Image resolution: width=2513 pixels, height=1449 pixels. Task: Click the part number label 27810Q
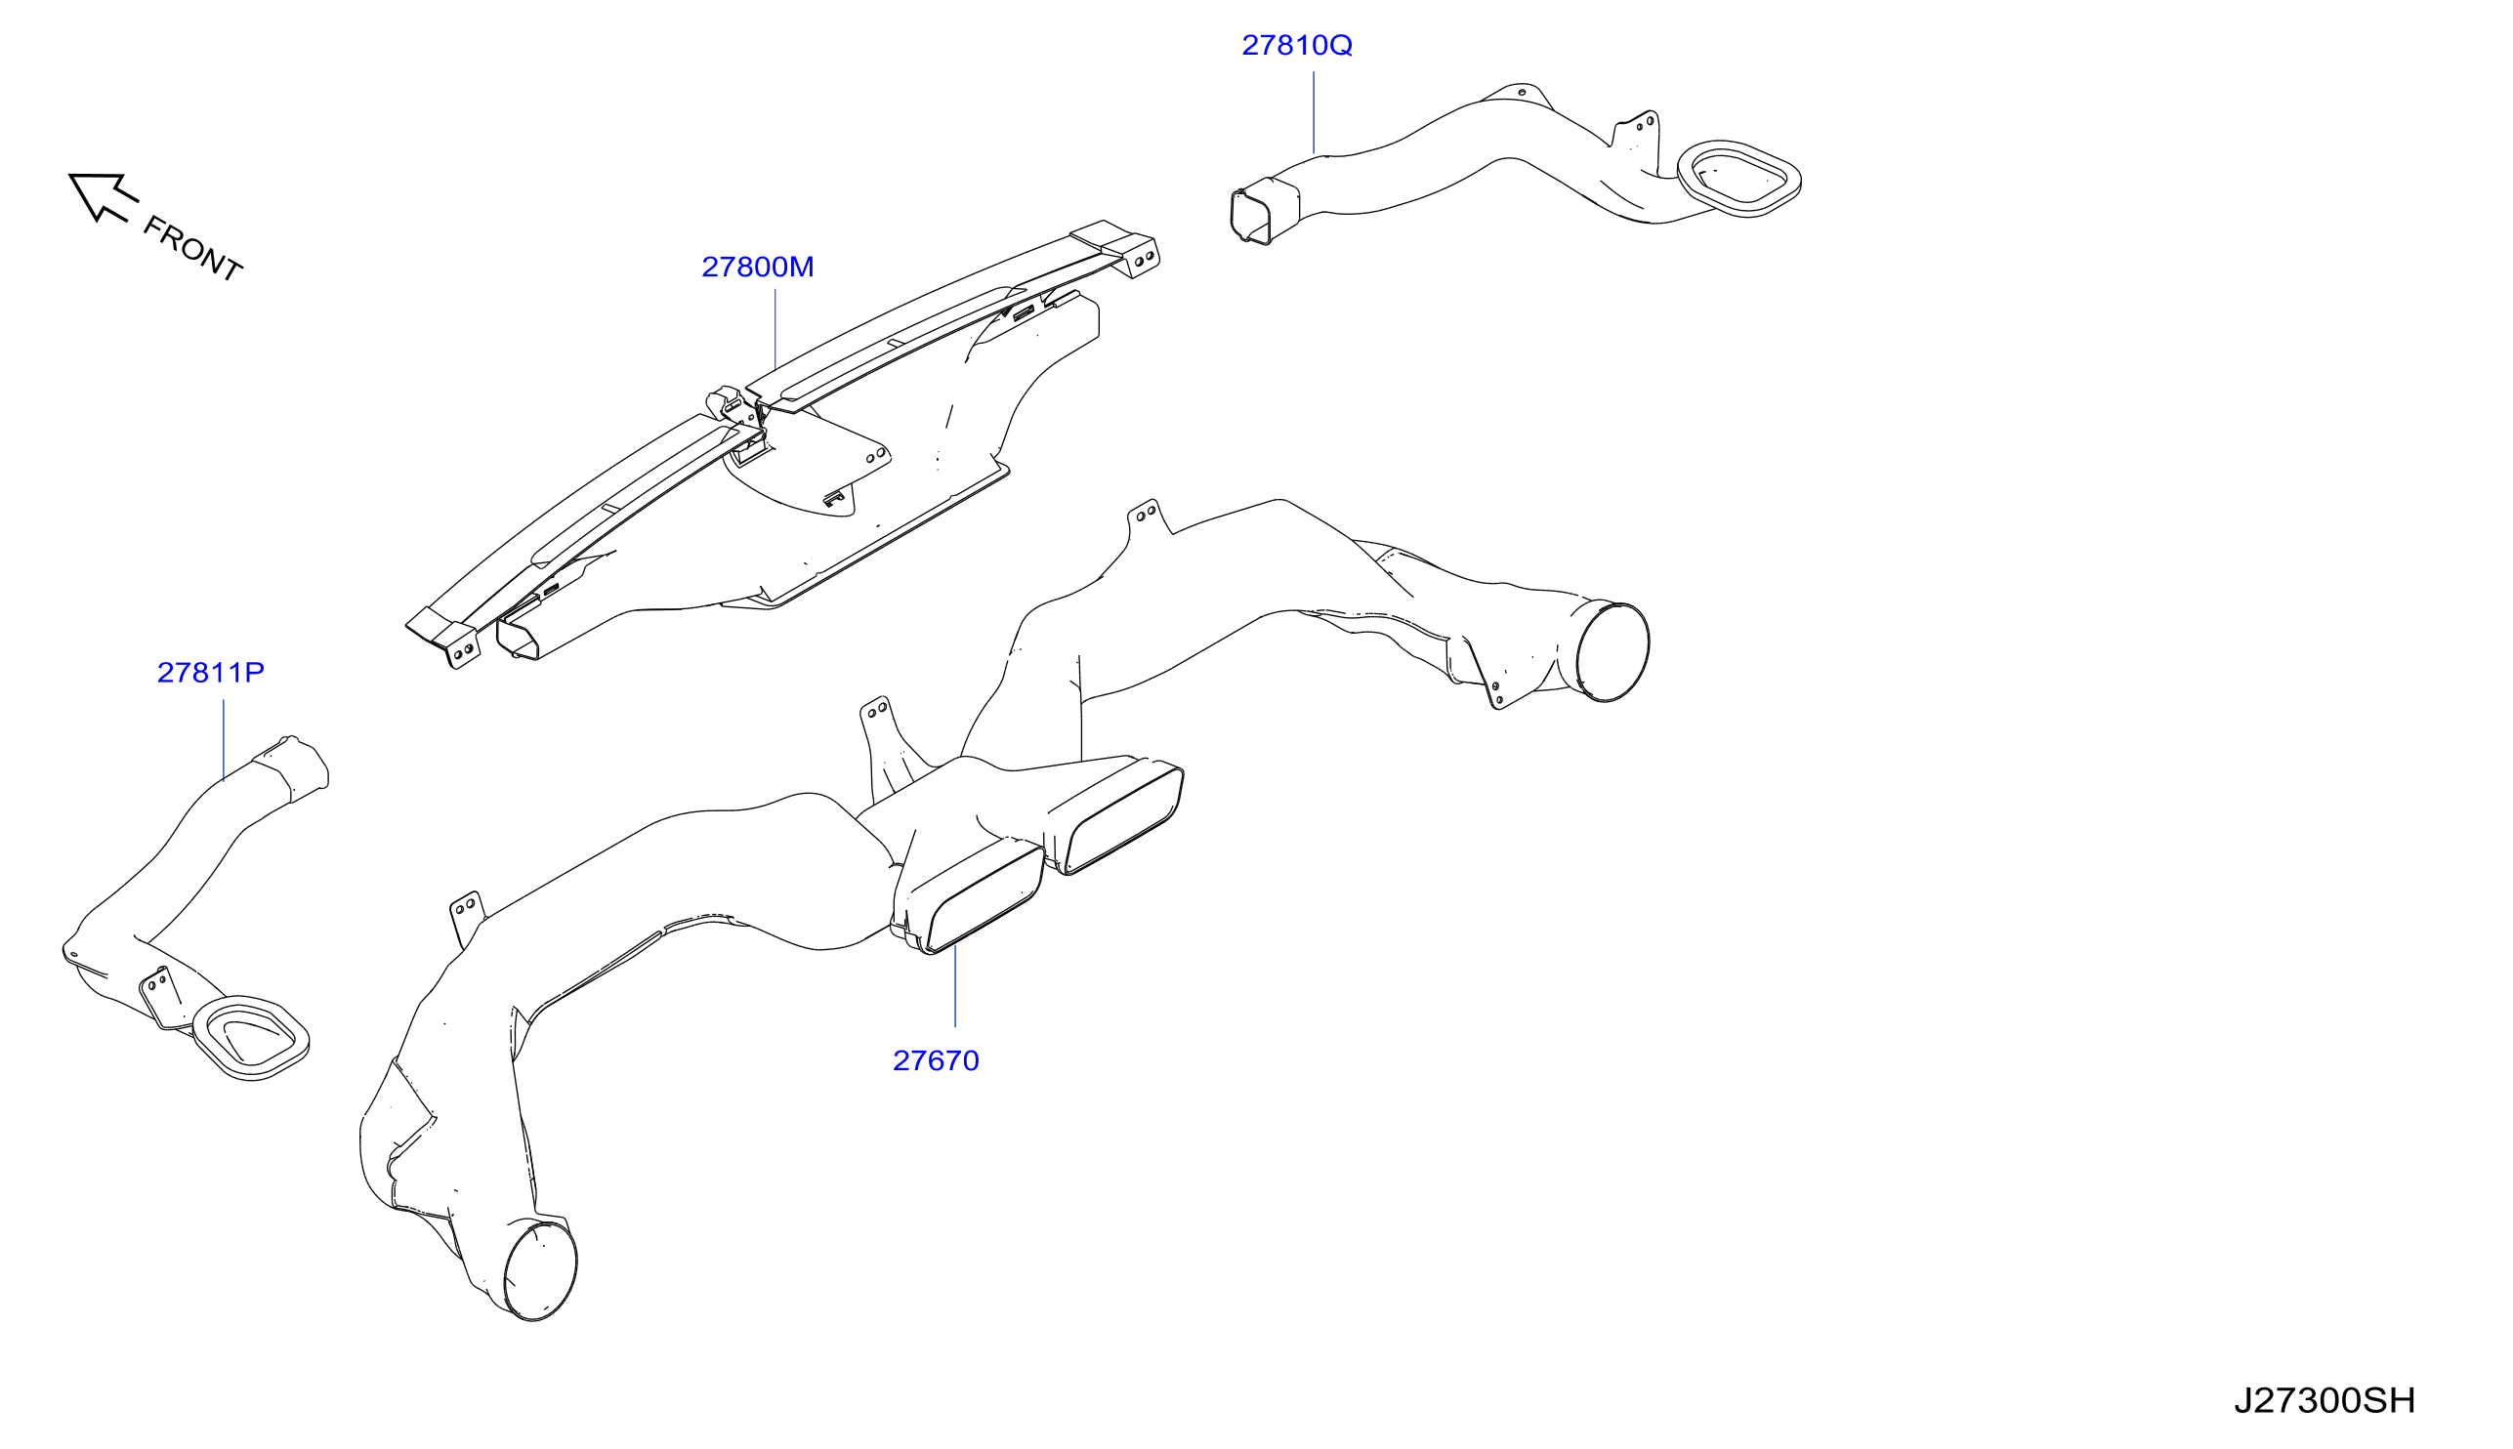1296,46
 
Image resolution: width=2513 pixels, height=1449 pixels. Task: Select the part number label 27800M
757,267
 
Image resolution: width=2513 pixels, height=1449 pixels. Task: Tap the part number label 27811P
211,673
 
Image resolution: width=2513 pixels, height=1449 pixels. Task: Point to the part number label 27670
936,1060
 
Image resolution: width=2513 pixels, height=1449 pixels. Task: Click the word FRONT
192,249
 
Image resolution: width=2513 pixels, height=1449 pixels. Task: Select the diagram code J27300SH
2324,1400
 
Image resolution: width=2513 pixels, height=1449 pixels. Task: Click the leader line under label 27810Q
1314,112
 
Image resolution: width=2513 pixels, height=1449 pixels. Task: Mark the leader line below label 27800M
775,329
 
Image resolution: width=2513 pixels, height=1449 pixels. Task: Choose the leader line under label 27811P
224,740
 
